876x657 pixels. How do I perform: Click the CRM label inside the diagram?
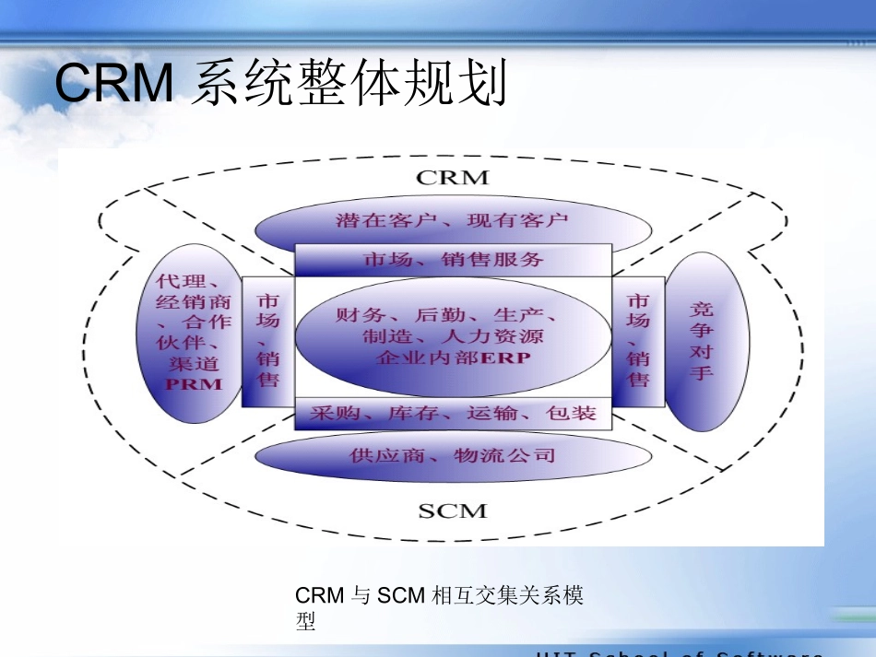(x=451, y=177)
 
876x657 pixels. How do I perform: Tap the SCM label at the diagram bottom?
(x=452, y=510)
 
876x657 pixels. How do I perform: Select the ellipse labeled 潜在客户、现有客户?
(x=452, y=221)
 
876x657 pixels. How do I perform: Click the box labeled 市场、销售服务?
(x=453, y=261)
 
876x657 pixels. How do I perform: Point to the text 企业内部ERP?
(x=454, y=358)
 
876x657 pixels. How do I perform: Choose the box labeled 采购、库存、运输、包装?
(x=453, y=414)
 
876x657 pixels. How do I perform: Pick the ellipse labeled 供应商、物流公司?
(x=452, y=455)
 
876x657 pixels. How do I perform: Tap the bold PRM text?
(x=194, y=384)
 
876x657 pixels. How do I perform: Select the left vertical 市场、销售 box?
(x=267, y=341)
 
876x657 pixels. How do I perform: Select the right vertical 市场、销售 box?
(x=638, y=341)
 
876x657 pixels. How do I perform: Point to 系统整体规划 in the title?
(x=350, y=84)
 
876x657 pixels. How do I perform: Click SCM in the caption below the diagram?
(x=401, y=596)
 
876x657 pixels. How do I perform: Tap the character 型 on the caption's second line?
(x=305, y=623)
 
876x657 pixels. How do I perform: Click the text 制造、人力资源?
(x=453, y=336)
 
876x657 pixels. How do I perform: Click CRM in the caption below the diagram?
(x=319, y=596)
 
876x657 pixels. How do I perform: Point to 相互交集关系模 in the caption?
(x=507, y=596)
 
